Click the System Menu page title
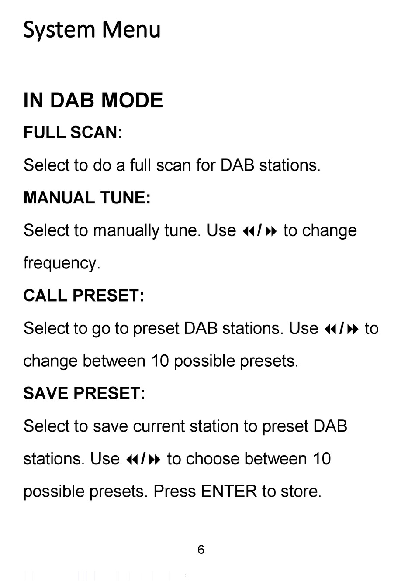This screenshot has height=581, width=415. pyautogui.click(x=92, y=31)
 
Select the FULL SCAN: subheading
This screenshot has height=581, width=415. pyautogui.click(x=73, y=132)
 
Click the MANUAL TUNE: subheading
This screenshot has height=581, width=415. pyautogui.click(x=87, y=198)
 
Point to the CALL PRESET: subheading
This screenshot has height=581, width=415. pyautogui.click(x=83, y=296)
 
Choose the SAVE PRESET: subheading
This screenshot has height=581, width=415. pyautogui.click(x=84, y=393)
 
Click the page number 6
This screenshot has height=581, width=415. pyautogui.click(x=201, y=550)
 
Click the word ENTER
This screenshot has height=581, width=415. pyautogui.click(x=228, y=491)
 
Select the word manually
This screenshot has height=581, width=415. pyautogui.click(x=126, y=231)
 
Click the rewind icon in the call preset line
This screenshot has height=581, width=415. pyautogui.click(x=330, y=329)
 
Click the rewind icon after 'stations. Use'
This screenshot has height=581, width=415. pyautogui.click(x=132, y=460)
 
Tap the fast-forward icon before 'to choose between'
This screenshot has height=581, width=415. pyautogui.click(x=155, y=460)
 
